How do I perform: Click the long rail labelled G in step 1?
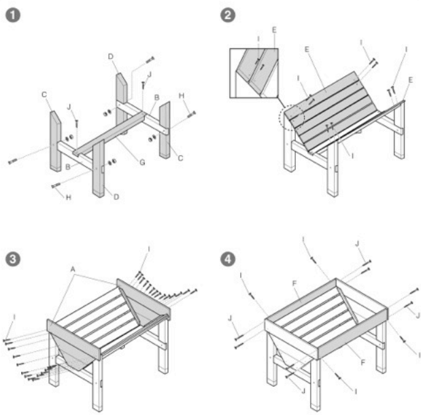(x=109, y=133)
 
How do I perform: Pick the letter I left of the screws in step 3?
(x=14, y=317)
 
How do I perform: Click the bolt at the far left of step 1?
(x=13, y=162)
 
